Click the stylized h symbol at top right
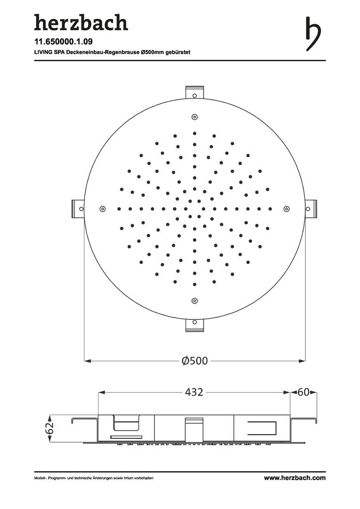(313, 34)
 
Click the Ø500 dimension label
(195, 361)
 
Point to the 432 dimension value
(194, 392)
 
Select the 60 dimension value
(303, 392)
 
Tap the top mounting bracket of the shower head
(195, 92)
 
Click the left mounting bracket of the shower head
(78, 209)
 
